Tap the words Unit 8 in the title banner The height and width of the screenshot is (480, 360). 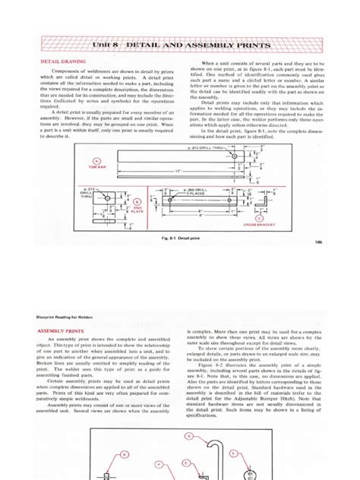pos(106,46)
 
